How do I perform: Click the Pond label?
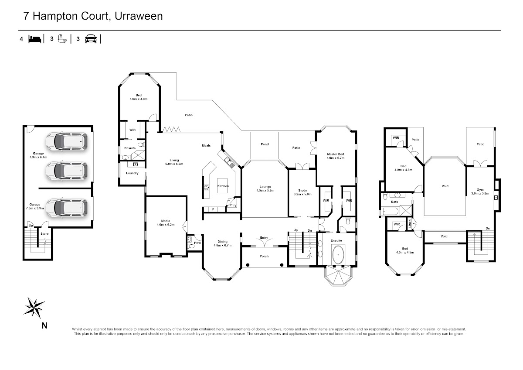[x=265, y=144]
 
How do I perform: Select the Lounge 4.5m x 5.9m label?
[x=265, y=188]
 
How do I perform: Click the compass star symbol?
[x=34, y=307]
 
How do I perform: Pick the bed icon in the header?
[x=35, y=39]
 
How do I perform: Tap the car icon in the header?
[x=91, y=39]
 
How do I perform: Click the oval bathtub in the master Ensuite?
[x=338, y=254]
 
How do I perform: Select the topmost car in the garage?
[x=67, y=141]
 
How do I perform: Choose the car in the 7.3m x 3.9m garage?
[x=67, y=208]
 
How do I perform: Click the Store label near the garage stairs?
[x=44, y=234]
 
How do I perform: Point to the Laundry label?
[x=132, y=173]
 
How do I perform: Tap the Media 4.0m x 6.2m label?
[x=166, y=223]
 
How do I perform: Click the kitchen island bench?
[x=222, y=185]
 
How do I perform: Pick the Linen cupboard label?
[x=410, y=224]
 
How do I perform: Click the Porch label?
[x=264, y=256]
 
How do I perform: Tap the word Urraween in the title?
[x=139, y=16]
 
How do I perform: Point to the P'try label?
[x=233, y=205]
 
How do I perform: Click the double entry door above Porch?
[x=264, y=243]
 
